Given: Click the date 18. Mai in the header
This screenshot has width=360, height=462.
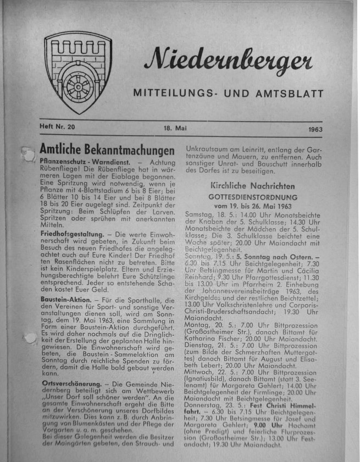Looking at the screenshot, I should pyautogui.click(x=175, y=128).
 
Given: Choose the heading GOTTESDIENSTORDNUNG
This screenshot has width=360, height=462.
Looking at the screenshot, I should pyautogui.click(x=253, y=196).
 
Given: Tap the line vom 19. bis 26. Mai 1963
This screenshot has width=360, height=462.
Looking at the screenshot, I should pyautogui.click(x=253, y=205).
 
